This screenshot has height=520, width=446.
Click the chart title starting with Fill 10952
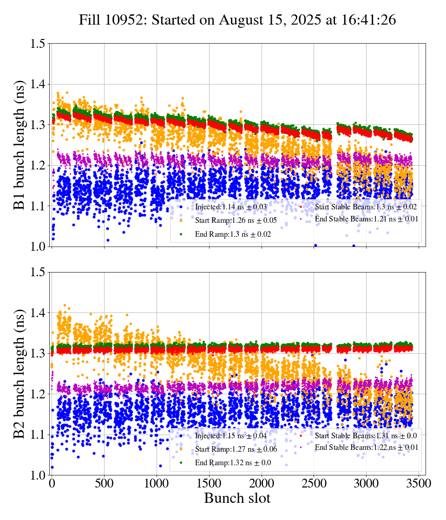click(237, 20)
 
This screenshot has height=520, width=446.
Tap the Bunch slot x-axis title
click(237, 499)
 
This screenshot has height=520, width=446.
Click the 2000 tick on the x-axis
click(262, 484)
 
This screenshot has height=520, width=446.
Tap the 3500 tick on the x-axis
click(419, 484)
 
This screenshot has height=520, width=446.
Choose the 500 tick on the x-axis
click(104, 484)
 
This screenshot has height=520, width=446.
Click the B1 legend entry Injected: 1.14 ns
click(228, 207)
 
